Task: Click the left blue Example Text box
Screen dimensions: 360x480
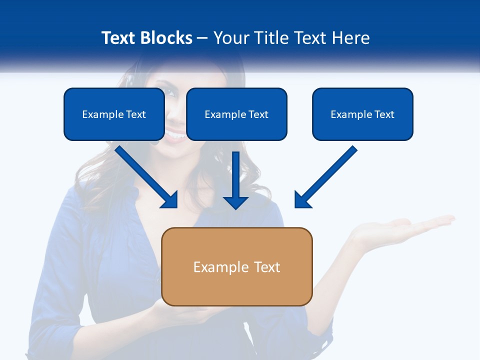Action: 114,114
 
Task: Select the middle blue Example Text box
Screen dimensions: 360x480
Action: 236,114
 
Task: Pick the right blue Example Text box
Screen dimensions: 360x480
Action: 362,114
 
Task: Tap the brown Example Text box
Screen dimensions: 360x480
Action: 236,266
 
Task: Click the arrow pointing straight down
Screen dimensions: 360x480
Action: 236,180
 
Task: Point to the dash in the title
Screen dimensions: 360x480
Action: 202,38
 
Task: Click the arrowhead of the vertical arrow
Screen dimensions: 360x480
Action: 236,202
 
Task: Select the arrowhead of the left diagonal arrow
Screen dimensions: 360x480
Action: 170,200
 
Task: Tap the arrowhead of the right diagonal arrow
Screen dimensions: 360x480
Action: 302,200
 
